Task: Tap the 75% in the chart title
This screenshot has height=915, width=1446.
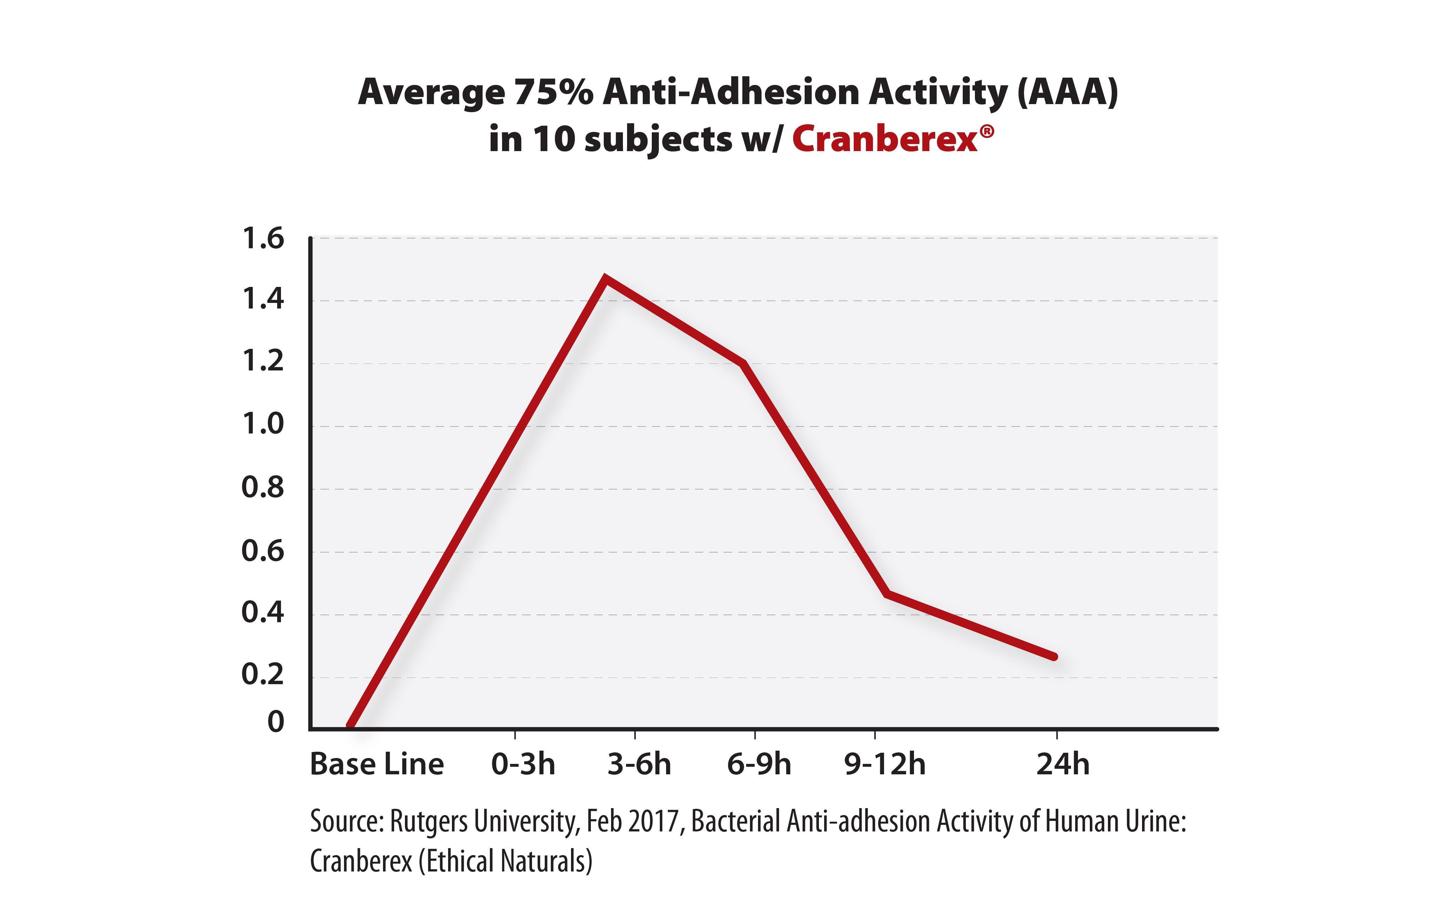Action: (x=553, y=93)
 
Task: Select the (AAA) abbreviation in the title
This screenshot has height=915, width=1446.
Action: (x=1067, y=93)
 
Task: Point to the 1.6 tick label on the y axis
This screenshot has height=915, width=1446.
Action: (x=263, y=239)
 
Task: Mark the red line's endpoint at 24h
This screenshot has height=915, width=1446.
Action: (x=1054, y=657)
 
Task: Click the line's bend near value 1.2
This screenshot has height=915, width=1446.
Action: (x=743, y=363)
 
